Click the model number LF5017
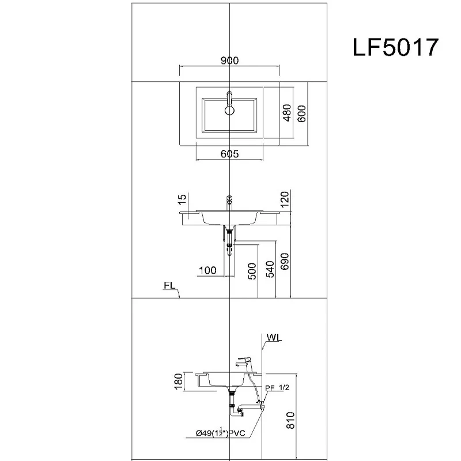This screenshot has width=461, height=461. coord(395,47)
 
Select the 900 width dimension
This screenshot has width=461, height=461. coord(229,61)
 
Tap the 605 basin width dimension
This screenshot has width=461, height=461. coord(229,154)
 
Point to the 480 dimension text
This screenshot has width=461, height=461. coord(286,112)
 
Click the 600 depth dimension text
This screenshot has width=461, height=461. coord(301,114)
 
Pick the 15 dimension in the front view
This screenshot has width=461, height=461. coord(182,199)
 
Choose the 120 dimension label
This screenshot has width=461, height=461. coord(285,199)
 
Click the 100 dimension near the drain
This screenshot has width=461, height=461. coord(207,270)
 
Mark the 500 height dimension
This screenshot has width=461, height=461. coord(252,271)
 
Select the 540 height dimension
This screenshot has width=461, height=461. coord(270,269)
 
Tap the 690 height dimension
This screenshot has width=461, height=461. coord(285,262)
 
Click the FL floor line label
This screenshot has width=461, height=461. coord(169,285)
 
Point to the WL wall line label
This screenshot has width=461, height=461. coord(274,338)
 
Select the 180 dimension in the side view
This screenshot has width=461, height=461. coord(179,381)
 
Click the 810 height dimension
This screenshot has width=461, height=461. coord(290,420)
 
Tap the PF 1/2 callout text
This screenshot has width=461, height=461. coord(277,388)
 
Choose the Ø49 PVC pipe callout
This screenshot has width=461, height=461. coord(221,433)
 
